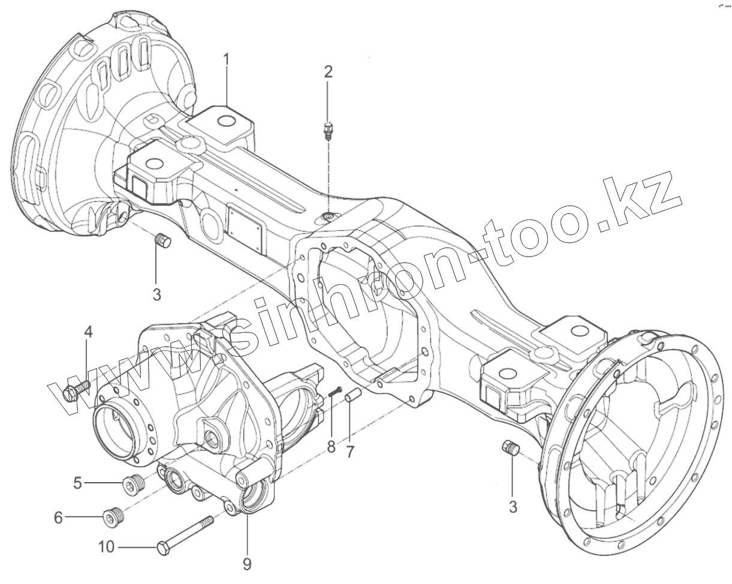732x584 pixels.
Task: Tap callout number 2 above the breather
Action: coord(328,72)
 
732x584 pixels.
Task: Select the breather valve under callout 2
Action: coord(328,130)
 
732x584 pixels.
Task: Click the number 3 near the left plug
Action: coord(156,294)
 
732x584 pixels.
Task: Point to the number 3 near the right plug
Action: coord(513,507)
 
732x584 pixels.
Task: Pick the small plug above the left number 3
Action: coord(162,242)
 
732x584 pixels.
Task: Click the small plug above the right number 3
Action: coord(510,448)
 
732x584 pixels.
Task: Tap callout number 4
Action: coord(88,332)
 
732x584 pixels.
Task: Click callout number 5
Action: coord(77,482)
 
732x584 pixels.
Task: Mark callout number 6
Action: coord(58,517)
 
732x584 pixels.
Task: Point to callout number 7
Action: coord(350,450)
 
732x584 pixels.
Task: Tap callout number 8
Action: coord(331,447)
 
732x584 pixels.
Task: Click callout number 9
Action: coord(247,564)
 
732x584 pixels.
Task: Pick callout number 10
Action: coord(106,547)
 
